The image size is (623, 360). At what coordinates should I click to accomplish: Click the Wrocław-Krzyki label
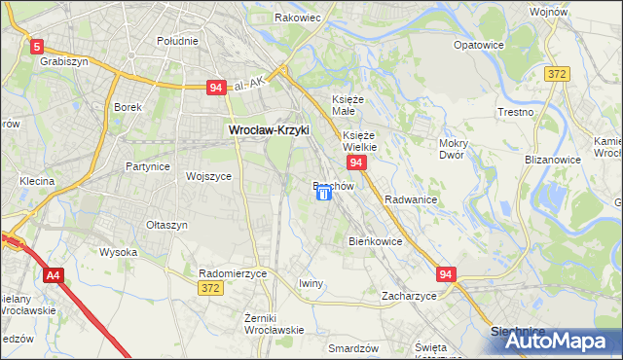tap(268, 129)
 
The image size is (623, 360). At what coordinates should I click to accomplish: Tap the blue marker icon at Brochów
tap(324, 194)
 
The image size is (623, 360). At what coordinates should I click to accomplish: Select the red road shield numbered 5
tap(37, 46)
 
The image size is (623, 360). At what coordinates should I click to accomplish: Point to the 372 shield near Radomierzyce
tap(209, 288)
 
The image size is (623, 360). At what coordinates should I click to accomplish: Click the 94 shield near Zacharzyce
tap(446, 275)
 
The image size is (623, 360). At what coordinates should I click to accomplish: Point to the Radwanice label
tap(410, 198)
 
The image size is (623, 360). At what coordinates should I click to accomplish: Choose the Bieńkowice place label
tap(375, 240)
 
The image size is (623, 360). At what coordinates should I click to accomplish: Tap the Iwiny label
tap(311, 283)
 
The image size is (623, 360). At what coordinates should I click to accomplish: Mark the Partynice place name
tap(148, 166)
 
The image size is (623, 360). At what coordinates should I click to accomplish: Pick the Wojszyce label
tap(208, 177)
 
